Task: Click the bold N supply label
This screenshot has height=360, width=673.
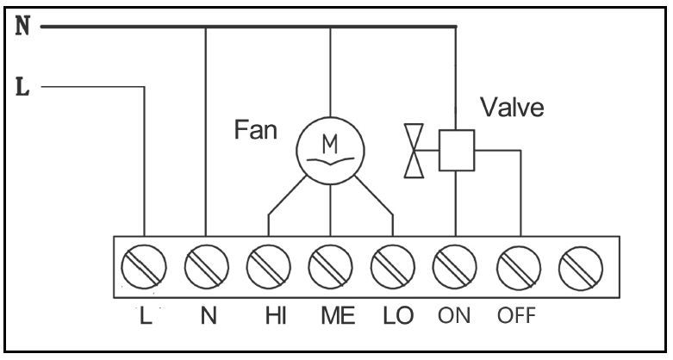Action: click(x=22, y=26)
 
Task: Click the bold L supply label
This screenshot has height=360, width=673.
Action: click(x=22, y=87)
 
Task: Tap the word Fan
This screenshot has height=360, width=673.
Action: click(x=255, y=129)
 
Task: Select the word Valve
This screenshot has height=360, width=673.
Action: click(x=512, y=107)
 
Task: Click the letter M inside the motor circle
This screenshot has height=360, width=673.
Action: click(x=330, y=145)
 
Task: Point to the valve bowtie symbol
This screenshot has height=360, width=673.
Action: click(x=414, y=151)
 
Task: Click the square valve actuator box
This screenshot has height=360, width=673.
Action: click(x=456, y=150)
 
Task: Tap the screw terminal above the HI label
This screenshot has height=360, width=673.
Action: click(x=269, y=266)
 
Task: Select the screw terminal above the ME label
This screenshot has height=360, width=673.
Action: click(x=331, y=266)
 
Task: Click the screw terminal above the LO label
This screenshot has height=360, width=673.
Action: click(x=393, y=266)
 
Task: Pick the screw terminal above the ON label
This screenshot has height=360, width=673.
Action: click(x=454, y=266)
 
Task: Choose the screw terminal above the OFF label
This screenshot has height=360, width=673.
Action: click(x=519, y=267)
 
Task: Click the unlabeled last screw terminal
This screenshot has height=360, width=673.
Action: click(x=581, y=268)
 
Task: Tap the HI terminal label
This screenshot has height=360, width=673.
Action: click(x=276, y=316)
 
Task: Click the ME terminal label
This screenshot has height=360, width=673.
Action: click(x=338, y=316)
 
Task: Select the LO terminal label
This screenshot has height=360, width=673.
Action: click(x=398, y=316)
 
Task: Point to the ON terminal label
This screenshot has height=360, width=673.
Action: click(x=454, y=316)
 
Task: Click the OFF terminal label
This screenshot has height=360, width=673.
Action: click(x=517, y=316)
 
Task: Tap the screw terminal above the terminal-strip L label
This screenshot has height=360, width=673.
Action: click(x=144, y=266)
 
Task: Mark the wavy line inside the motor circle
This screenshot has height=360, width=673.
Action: click(x=331, y=162)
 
